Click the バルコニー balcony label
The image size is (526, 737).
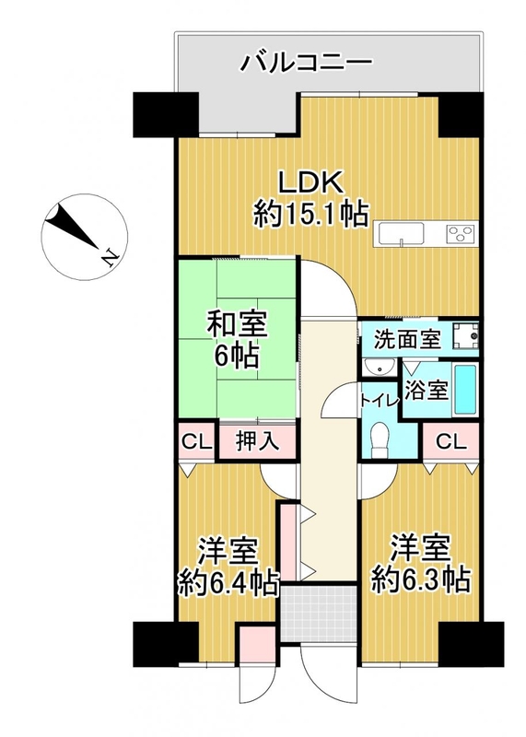tap(307, 62)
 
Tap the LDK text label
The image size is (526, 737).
tap(310, 182)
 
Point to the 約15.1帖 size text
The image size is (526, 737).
tap(310, 215)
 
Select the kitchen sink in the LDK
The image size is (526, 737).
tap(401, 233)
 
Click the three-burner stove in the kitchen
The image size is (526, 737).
tap(462, 233)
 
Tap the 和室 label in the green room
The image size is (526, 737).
tap(238, 325)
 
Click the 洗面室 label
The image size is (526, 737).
tap(407, 339)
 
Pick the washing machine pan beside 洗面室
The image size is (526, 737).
tap(466, 336)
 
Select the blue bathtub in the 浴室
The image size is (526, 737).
tap(465, 390)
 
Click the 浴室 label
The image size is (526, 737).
tap(426, 390)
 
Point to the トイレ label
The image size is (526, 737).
tap(380, 401)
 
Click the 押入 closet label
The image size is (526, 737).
tap(258, 441)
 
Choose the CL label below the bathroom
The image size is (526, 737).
tap(450, 442)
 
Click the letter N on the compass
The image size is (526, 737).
tap(111, 258)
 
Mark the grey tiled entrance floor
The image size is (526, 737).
tap(319, 614)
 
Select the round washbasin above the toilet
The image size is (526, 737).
tap(380, 368)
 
